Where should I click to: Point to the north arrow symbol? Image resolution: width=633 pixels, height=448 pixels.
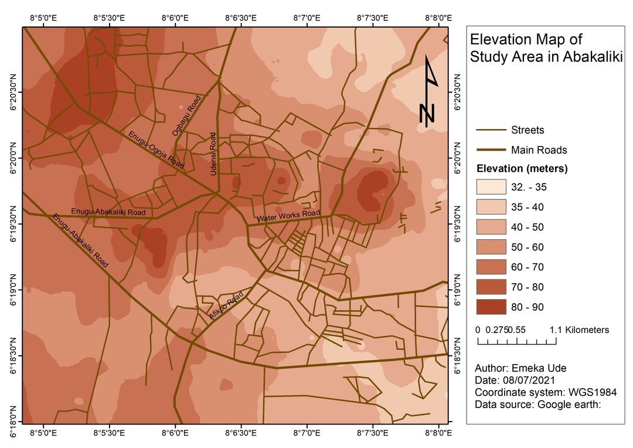429,91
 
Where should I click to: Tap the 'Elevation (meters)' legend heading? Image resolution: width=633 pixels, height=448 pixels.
522,169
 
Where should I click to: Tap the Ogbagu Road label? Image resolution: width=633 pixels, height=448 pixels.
186,115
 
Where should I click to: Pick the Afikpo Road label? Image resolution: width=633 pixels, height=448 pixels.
226,306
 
